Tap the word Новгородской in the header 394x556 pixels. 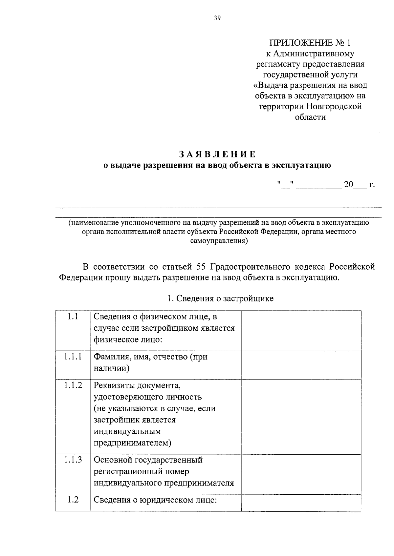coord(334,106)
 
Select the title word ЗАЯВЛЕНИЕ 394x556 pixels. coord(217,154)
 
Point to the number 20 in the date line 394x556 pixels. coord(348,185)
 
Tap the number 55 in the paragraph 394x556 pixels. coord(200,266)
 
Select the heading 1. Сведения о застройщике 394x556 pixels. coord(220,298)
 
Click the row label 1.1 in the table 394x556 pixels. coord(73,317)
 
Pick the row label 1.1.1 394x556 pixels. coord(73,357)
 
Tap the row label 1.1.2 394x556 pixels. coord(73,385)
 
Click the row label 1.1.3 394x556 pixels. coord(73,460)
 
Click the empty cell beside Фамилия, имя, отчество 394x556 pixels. coord(301,365)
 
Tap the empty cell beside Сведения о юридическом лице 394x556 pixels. coord(301,503)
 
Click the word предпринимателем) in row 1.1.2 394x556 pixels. coord(132,443)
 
